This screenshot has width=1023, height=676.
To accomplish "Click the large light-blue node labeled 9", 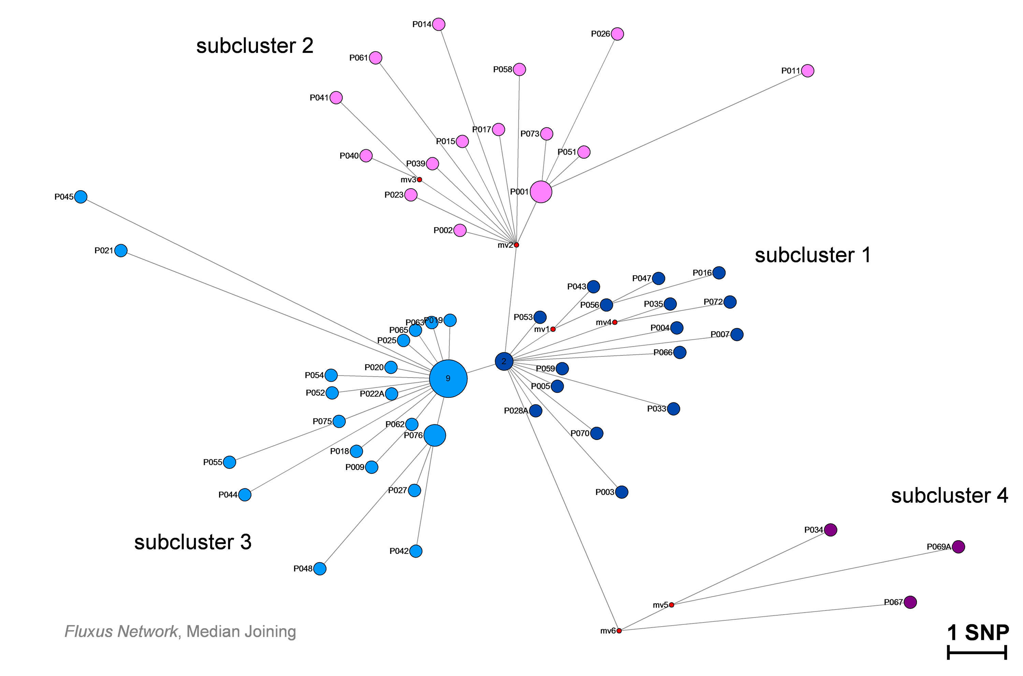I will pos(448,379).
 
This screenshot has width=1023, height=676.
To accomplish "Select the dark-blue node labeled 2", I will pos(504,361).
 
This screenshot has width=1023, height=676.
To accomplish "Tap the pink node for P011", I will pos(807,71).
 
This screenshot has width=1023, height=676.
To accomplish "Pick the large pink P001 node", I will pos(541,192).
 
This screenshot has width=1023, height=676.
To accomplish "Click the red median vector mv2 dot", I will pos(516,245).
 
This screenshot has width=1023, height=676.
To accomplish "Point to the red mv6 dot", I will pos(619,631).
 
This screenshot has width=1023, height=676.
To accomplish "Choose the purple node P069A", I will pos(958,547).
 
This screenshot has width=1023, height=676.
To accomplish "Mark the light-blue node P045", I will pos(81,196).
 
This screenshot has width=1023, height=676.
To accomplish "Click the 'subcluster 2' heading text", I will pos(255,46).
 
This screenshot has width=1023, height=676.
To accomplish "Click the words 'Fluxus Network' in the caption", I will pos(121,632).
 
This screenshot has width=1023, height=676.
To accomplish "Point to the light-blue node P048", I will pos(320,569).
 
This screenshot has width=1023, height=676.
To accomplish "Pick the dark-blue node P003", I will pos(621,492).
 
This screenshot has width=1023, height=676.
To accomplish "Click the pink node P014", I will pos(438,24).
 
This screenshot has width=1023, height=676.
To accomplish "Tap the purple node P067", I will pos(910,602).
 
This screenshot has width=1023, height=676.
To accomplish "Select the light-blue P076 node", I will pos(435,436).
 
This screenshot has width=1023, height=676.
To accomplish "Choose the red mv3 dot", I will pos(419,179).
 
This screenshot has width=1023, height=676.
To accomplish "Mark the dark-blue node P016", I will pos(719,273).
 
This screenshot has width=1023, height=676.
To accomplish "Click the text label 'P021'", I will pos(103,250).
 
